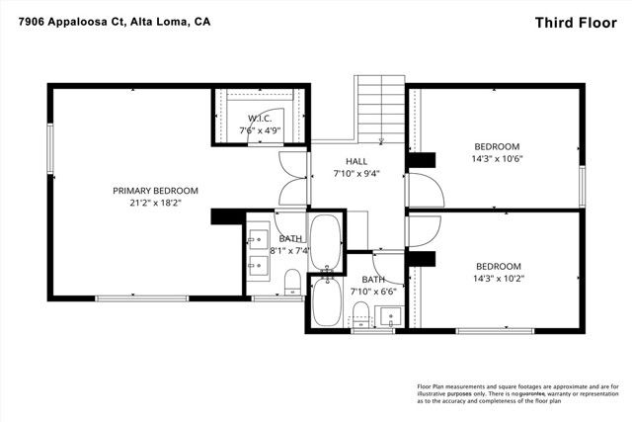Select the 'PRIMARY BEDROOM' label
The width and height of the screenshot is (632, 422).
tap(155, 191)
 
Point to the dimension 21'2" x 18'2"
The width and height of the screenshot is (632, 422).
tap(155, 203)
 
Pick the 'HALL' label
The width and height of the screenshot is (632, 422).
tap(356, 161)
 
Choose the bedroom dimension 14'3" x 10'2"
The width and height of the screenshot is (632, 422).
tap(498, 278)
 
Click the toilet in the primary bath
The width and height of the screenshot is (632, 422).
tap(291, 284)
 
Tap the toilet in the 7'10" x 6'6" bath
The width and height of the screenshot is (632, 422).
tap(361, 315)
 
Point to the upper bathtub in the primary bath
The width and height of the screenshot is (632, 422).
tap(325, 238)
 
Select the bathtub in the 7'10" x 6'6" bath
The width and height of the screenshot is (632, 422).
tap(325, 305)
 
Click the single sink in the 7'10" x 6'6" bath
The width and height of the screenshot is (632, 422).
tap(390, 317)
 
